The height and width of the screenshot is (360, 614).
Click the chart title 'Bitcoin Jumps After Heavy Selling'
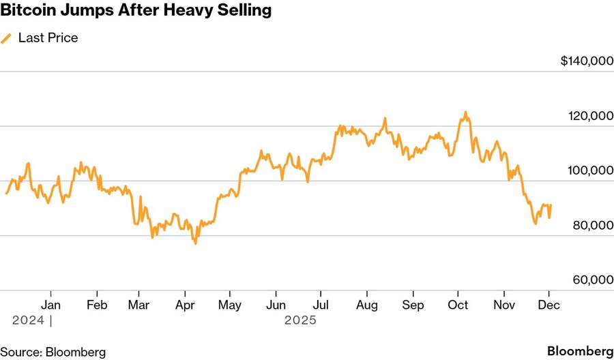[x=136, y=11]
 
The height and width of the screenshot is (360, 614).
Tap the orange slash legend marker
[x=7, y=38]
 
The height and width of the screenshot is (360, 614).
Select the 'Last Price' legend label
[x=48, y=38]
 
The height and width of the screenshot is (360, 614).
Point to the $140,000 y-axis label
[x=587, y=61]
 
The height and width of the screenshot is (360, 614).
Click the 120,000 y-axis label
[x=590, y=117]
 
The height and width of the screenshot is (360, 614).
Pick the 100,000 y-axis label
[x=590, y=171]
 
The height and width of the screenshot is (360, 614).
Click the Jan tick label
[x=50, y=305]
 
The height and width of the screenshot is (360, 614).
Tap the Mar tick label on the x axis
[x=140, y=305]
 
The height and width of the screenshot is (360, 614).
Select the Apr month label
[x=185, y=305]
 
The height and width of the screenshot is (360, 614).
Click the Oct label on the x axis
[x=458, y=305]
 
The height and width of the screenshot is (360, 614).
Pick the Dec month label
[x=549, y=305]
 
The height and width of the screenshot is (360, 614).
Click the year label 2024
[x=28, y=320]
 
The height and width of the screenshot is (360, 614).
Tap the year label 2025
[x=301, y=320]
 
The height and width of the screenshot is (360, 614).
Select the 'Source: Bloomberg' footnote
[x=53, y=352]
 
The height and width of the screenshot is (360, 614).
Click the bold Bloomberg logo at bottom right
[x=580, y=351]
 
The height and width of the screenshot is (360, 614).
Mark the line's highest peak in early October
[x=465, y=112]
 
